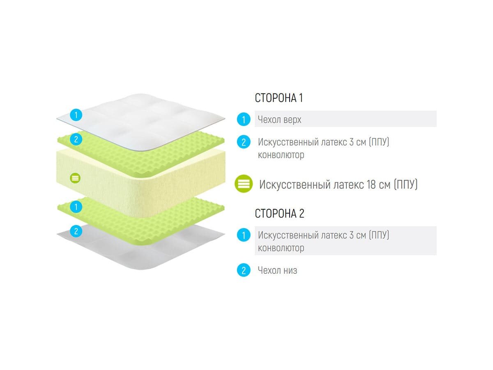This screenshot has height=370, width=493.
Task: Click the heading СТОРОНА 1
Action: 279,98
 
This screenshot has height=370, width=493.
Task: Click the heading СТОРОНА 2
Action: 279,214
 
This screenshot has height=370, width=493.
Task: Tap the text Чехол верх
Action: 279,120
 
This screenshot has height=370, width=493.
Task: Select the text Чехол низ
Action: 277,271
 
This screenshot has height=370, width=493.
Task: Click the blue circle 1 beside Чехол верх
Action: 244,120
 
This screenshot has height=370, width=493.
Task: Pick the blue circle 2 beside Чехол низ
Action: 244,271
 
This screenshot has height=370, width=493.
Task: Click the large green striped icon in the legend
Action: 244,184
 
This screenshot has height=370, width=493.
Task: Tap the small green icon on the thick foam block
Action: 76,178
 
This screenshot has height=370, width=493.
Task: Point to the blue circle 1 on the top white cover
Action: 76,114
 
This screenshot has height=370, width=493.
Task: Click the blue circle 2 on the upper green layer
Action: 76,139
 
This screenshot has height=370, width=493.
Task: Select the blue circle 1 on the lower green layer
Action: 76,207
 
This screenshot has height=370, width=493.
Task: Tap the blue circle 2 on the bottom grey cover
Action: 76,231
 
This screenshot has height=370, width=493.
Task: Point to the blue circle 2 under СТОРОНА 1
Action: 244,142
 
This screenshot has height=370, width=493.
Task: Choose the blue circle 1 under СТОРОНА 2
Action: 244,236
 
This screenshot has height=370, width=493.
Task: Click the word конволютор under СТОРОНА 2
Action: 281,248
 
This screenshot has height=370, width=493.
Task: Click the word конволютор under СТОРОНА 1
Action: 281,155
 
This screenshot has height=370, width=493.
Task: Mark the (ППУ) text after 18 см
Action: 405,184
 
